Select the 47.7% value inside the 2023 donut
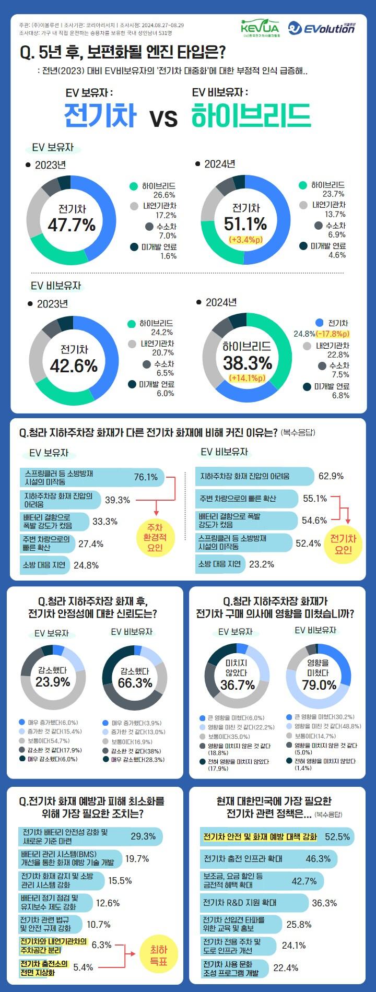72,225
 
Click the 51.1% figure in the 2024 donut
245,224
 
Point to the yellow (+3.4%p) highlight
245,240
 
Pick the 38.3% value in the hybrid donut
248,363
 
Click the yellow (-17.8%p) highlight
333,334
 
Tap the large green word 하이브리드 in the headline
251,115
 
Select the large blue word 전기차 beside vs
100,115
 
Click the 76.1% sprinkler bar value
146,477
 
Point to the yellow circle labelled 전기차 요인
343,544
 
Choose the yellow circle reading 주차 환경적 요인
155,538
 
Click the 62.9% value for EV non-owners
331,476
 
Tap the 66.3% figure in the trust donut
135,683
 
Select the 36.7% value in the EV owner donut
238,684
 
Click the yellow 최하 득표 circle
159,955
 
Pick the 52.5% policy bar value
337,836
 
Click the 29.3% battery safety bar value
143,836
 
